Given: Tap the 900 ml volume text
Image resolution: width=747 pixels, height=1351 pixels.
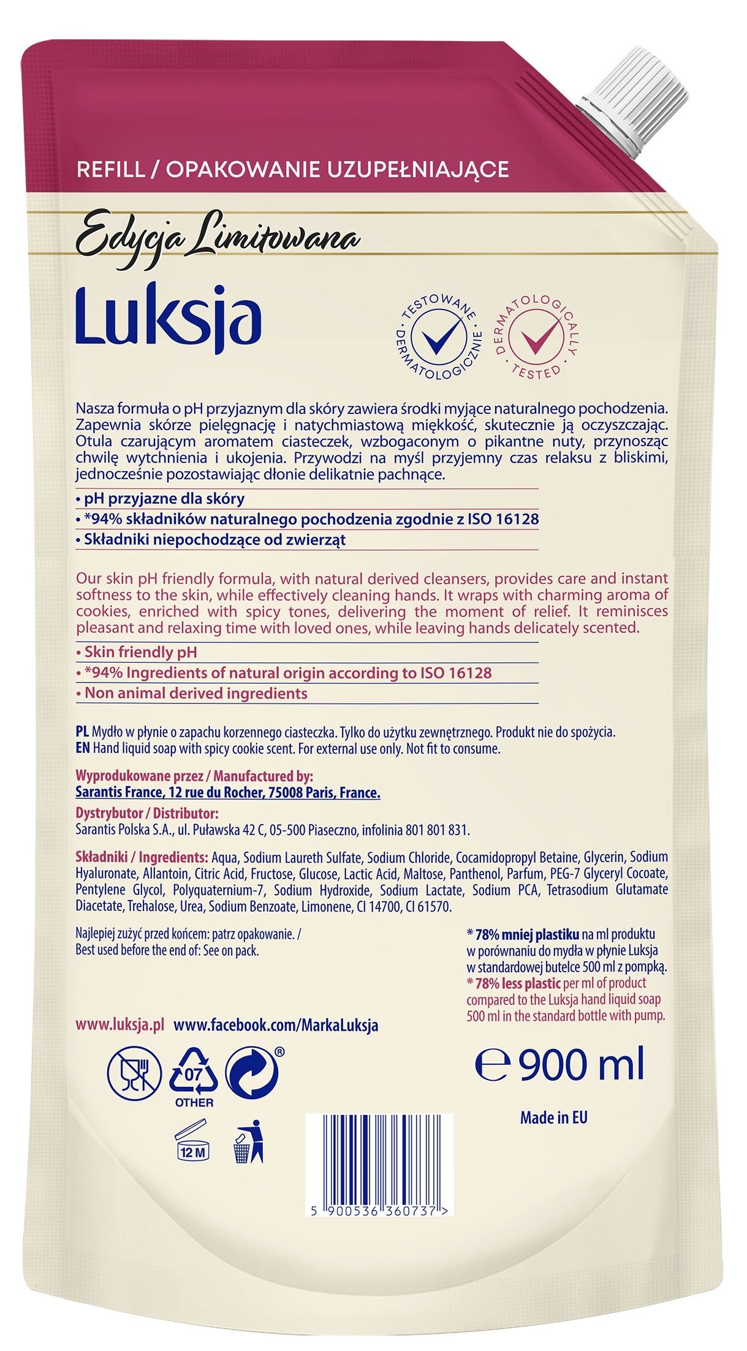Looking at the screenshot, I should (x=561, y=1065).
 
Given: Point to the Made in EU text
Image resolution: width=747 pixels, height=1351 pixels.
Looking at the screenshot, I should (x=553, y=1117).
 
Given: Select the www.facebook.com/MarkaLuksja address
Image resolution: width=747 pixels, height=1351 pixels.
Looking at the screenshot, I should (x=276, y=1025).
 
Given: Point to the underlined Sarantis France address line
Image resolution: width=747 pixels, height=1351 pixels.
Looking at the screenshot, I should (x=227, y=793).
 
